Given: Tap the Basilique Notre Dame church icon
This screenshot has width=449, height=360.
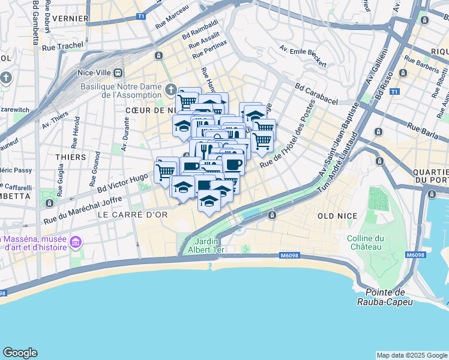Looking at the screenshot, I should [x=170, y=91].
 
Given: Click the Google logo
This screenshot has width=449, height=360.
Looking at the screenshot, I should [x=20, y=353].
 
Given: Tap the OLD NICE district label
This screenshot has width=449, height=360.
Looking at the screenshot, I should [x=337, y=216].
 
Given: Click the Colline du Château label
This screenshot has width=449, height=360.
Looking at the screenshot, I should [x=364, y=242].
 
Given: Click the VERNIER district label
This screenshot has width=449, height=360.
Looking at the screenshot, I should [x=71, y=19].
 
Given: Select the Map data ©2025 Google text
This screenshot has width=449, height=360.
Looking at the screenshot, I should [x=411, y=355].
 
